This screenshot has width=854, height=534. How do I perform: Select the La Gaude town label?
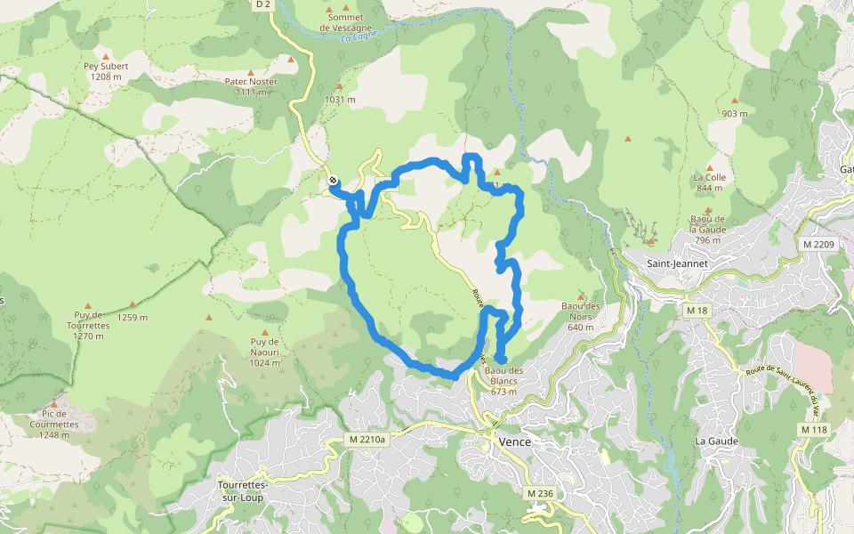713,441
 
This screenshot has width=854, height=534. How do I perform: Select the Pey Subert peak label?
107,71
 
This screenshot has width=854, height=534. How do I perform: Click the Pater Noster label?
251,86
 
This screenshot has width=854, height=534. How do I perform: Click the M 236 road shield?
540,493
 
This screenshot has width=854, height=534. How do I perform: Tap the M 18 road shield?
697,310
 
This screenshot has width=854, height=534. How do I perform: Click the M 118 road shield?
814,430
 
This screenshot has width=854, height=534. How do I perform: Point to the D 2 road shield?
262,4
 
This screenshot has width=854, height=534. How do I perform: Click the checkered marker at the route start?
334,182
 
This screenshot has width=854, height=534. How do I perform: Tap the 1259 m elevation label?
132,317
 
